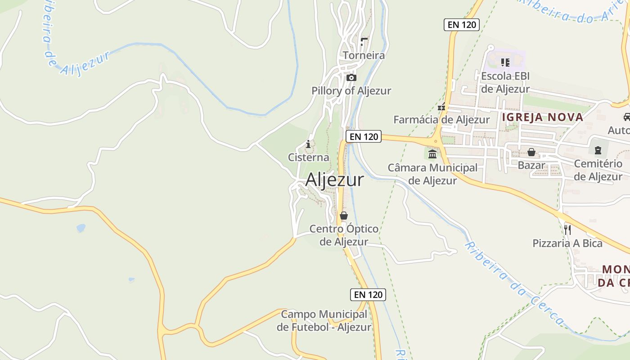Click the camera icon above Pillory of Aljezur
(x=351, y=77)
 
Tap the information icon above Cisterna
(x=308, y=144)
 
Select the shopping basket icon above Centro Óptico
(x=344, y=216)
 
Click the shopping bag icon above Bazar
(x=531, y=152)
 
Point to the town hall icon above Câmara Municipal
(x=432, y=154)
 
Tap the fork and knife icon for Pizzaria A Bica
(x=567, y=229)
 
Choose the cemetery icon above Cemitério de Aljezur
(x=598, y=150)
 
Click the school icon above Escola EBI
(x=505, y=63)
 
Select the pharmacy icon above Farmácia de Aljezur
(x=441, y=107)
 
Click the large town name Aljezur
(x=334, y=180)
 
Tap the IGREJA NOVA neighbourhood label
(x=542, y=117)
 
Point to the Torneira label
(x=364, y=55)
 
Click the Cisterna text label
(x=309, y=157)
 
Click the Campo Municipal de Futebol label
(x=324, y=320)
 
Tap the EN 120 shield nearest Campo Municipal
(x=368, y=295)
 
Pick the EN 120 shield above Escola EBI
(x=462, y=25)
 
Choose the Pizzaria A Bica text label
(x=567, y=243)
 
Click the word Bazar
(x=531, y=165)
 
